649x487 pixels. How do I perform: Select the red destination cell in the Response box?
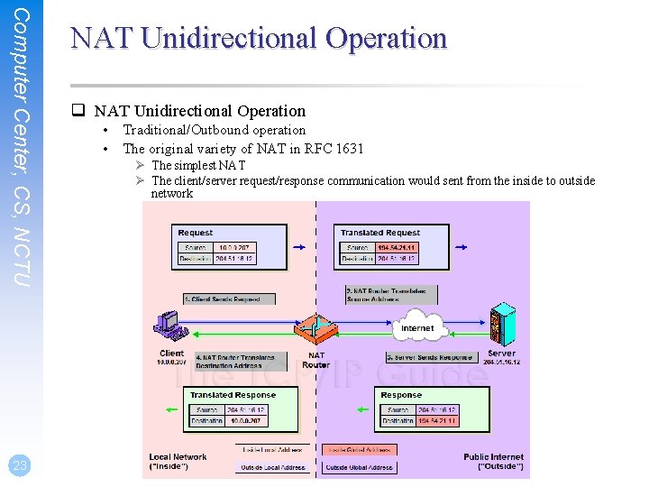coord(438,421)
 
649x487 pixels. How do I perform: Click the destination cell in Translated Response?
coord(245,421)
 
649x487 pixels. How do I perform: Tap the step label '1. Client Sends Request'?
coord(222,299)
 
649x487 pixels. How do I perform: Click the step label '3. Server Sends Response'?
coord(429,358)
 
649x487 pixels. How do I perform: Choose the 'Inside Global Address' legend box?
coord(358,449)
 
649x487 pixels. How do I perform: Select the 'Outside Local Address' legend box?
coord(273,467)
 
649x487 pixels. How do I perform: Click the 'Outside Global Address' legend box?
coord(358,467)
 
